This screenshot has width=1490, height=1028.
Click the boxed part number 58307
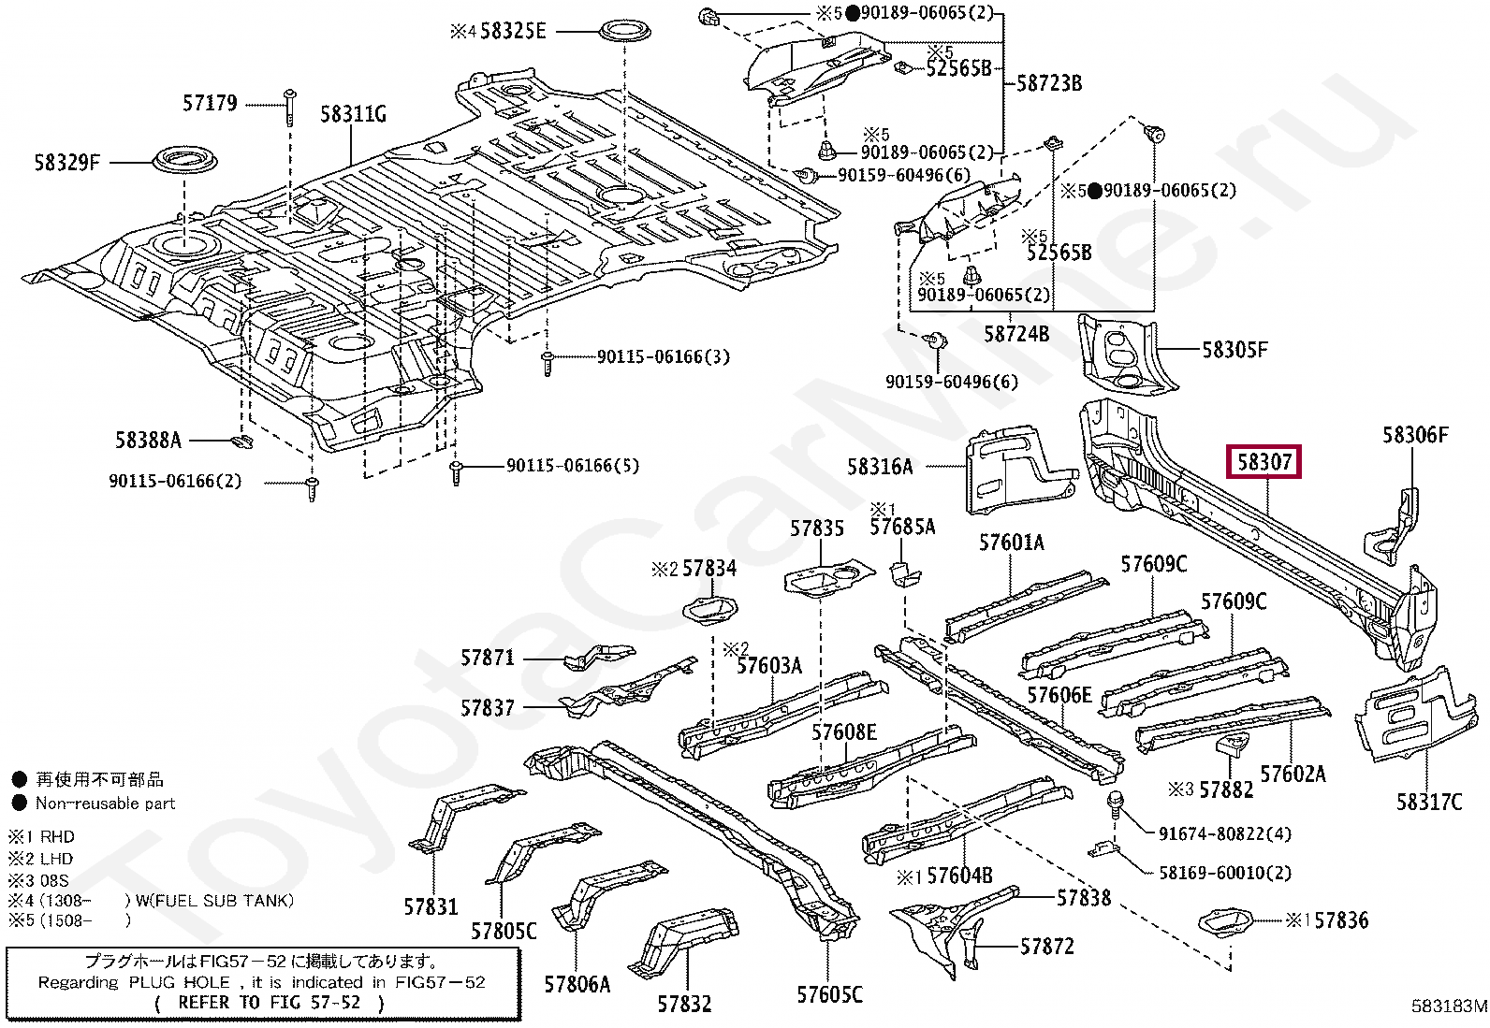1264,461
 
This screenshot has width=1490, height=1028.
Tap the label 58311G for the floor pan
353,114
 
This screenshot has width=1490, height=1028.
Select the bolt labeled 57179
290,107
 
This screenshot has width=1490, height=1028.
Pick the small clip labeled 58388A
242,442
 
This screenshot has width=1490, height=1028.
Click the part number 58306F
1415,435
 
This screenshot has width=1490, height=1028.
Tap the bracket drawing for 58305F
1124,354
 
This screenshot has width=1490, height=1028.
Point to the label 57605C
829,994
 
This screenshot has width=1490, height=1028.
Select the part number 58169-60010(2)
1224,873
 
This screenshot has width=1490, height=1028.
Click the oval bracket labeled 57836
1224,922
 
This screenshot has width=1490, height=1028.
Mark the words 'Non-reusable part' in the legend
105,804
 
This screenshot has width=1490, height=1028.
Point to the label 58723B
1049,83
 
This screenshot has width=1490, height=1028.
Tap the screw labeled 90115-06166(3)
548,365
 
